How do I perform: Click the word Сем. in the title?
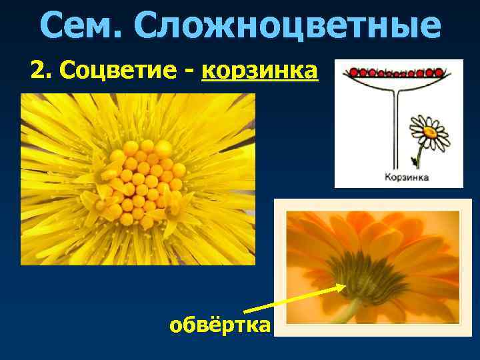[81, 25]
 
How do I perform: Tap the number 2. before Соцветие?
[42, 69]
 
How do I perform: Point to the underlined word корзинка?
[259, 69]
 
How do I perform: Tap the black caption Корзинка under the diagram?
[406, 177]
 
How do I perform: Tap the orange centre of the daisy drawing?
[429, 131]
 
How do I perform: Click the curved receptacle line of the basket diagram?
[397, 83]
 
